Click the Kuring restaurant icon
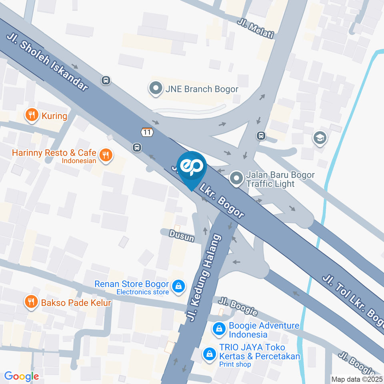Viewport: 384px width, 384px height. [32, 116]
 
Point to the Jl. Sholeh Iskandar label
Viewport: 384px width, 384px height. [47, 62]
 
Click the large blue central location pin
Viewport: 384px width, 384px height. [192, 168]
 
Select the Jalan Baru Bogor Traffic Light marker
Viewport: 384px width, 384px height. [236, 179]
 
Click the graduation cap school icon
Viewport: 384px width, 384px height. [320, 138]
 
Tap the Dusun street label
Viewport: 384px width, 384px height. [181, 235]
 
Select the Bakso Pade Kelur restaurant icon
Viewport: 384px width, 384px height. [32, 302]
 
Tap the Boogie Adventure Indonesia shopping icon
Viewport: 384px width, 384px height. [219, 329]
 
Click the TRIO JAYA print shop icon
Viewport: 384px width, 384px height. [209, 354]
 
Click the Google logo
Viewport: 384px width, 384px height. [21, 376]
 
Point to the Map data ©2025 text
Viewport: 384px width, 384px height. [357, 379]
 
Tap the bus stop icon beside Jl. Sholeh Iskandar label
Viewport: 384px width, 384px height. [106, 80]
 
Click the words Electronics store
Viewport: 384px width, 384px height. [142, 292]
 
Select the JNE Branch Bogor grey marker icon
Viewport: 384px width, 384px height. [155, 88]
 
